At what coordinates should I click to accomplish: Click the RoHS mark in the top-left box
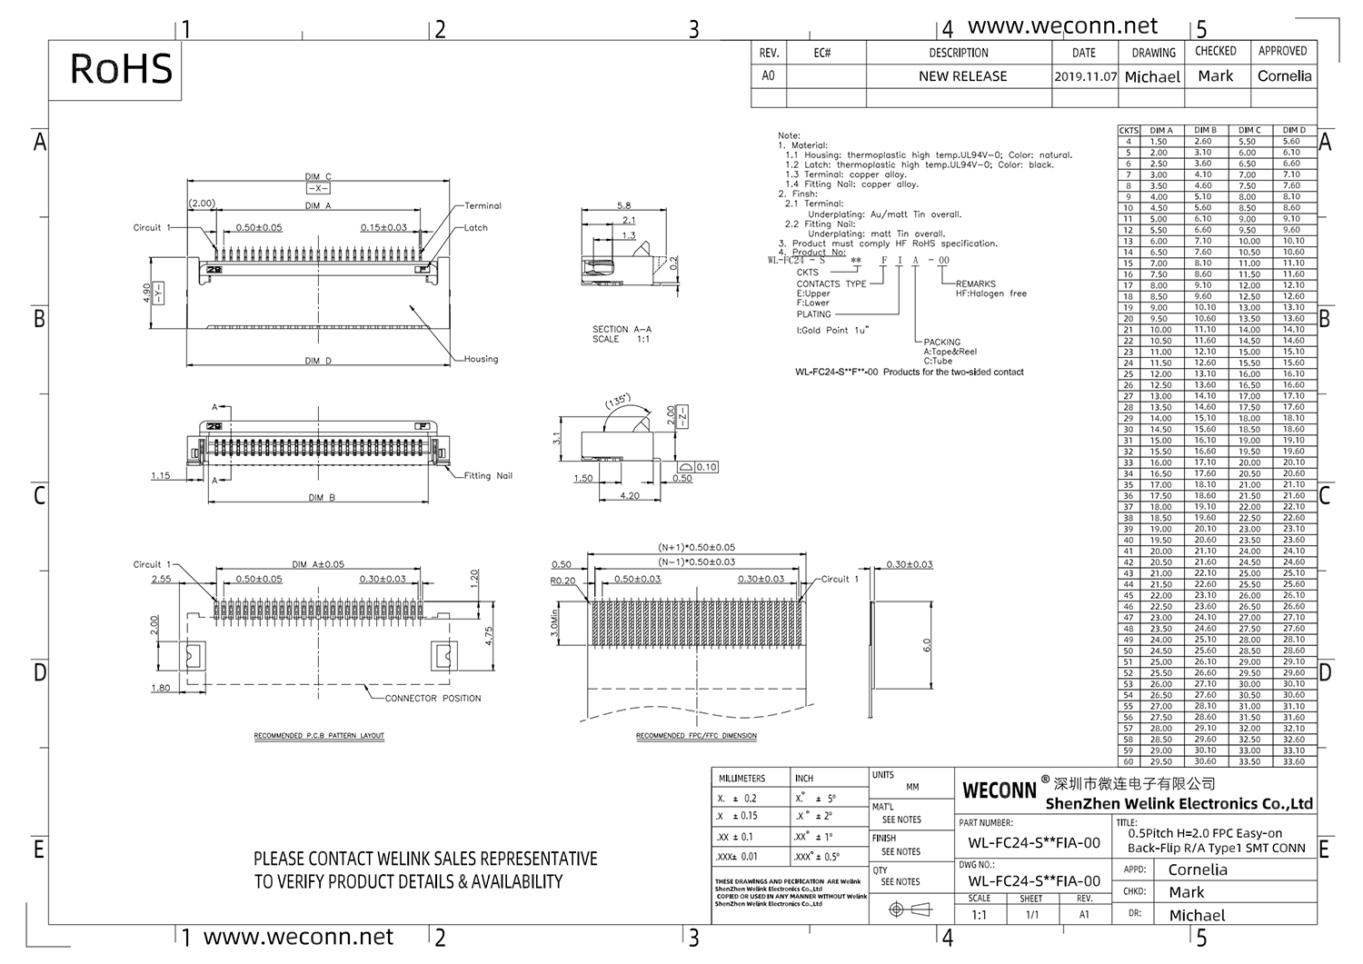coord(121,69)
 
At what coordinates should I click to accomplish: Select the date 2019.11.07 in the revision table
coord(1085,77)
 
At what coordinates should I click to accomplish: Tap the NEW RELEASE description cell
coord(962,76)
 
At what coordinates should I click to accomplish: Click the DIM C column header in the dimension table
coord(1249,130)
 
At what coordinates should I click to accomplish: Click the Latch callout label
coord(476,228)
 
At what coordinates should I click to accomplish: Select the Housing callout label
coord(481,359)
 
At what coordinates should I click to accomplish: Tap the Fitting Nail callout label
coord(488,476)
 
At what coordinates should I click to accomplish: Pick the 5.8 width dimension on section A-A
coord(623,206)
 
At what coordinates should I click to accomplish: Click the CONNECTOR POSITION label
coord(433,699)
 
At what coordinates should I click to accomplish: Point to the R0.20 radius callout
coord(562,581)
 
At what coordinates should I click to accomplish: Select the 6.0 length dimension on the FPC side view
coord(927,645)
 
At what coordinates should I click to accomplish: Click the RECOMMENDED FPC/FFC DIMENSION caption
coord(696,736)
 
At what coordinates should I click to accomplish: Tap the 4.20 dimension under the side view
coord(629,496)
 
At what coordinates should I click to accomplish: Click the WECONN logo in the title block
coord(999,790)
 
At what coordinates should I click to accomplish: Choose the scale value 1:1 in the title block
coord(979,915)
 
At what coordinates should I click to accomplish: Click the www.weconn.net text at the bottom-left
coord(298,937)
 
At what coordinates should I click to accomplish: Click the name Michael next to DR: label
coord(1197,915)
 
